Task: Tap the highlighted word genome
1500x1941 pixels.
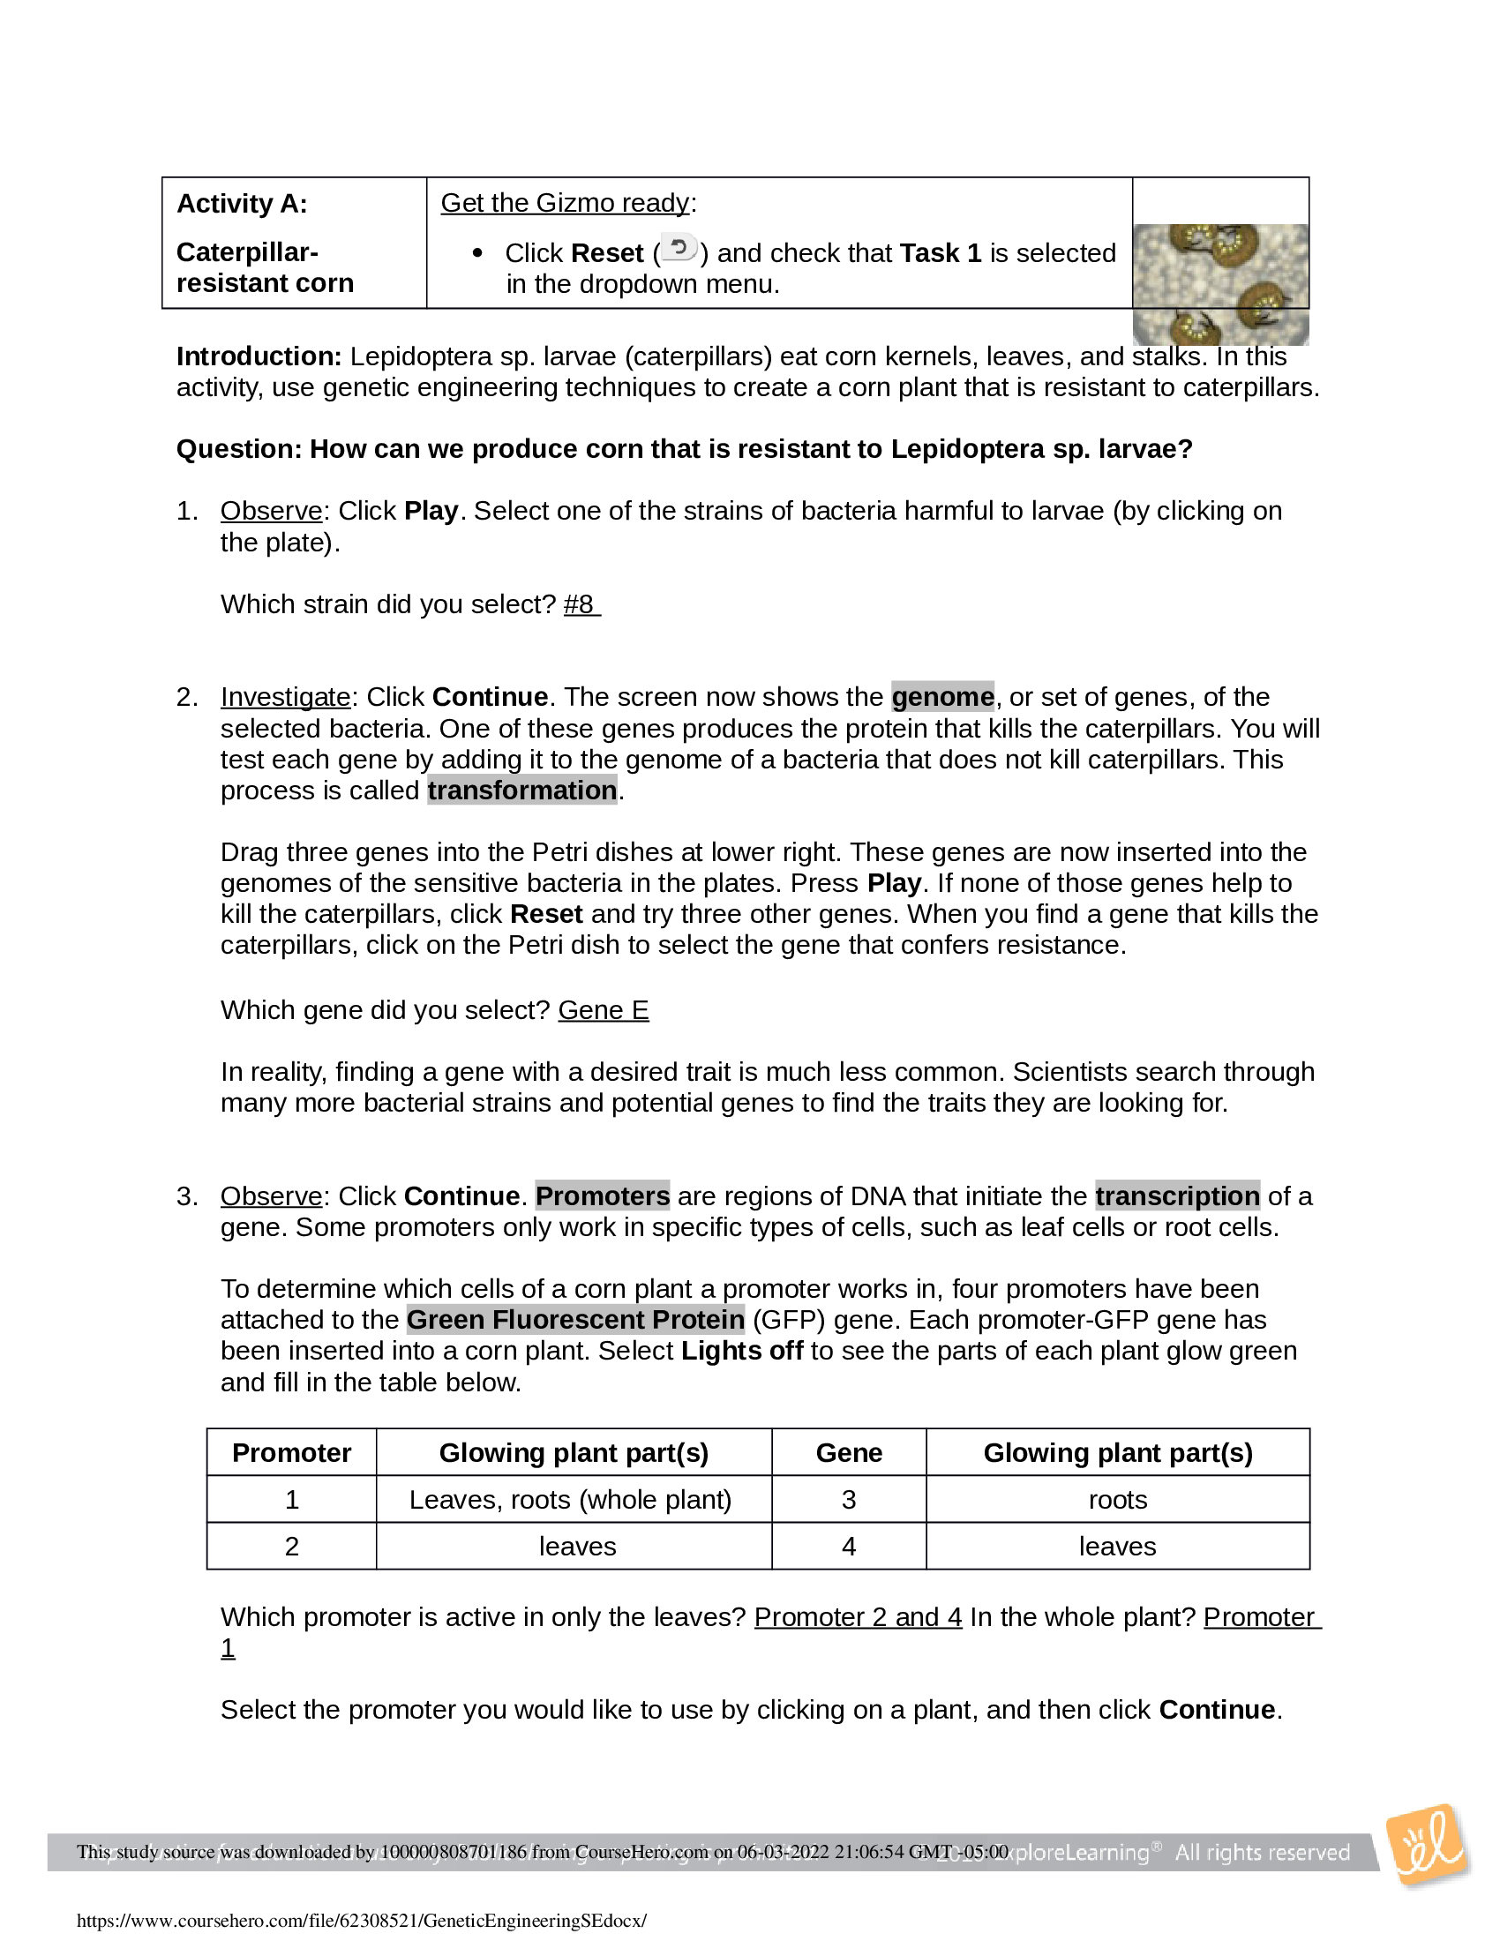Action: tap(943, 697)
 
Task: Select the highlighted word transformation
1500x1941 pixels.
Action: tap(521, 791)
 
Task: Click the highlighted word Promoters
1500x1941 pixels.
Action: tap(603, 1196)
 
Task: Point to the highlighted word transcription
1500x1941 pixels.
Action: tap(1177, 1196)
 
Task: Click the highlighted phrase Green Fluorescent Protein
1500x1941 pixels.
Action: tap(576, 1320)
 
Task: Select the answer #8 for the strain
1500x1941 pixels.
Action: tap(581, 604)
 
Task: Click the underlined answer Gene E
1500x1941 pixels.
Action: tap(604, 1010)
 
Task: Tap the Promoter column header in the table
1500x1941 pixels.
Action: tap(291, 1453)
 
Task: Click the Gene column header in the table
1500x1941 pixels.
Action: tap(849, 1453)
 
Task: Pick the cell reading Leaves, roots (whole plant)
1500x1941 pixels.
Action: tap(571, 1500)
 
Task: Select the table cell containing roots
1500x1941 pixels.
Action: tap(1118, 1500)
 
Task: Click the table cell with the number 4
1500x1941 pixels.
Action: tap(849, 1547)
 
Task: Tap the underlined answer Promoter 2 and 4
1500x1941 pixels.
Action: tap(858, 1616)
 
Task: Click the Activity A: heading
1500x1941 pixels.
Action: tap(242, 205)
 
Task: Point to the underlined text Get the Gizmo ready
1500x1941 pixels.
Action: tap(566, 204)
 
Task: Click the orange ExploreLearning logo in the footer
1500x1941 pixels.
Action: tap(1428, 1846)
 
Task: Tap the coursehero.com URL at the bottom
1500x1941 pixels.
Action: tap(362, 1921)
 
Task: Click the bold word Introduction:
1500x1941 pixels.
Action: tap(259, 356)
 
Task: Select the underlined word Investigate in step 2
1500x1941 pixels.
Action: tap(285, 697)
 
